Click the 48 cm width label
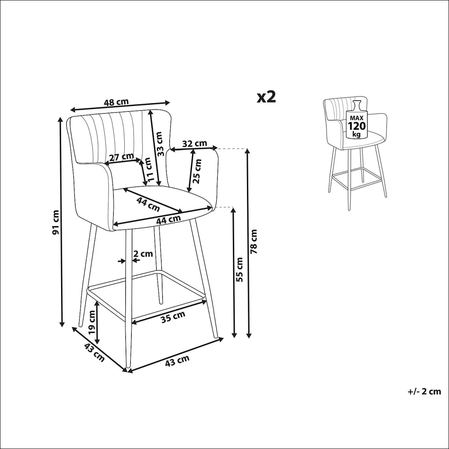[x=116, y=102]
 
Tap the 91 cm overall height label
[x=56, y=222]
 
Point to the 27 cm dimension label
[x=122, y=157]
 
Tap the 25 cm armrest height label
[x=197, y=171]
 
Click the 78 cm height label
[x=254, y=242]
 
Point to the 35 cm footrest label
[x=173, y=317]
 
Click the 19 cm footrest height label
[x=91, y=322]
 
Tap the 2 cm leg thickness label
[x=143, y=254]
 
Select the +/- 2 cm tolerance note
[x=424, y=392]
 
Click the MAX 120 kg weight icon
[x=357, y=120]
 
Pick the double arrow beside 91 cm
[x=61, y=222]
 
